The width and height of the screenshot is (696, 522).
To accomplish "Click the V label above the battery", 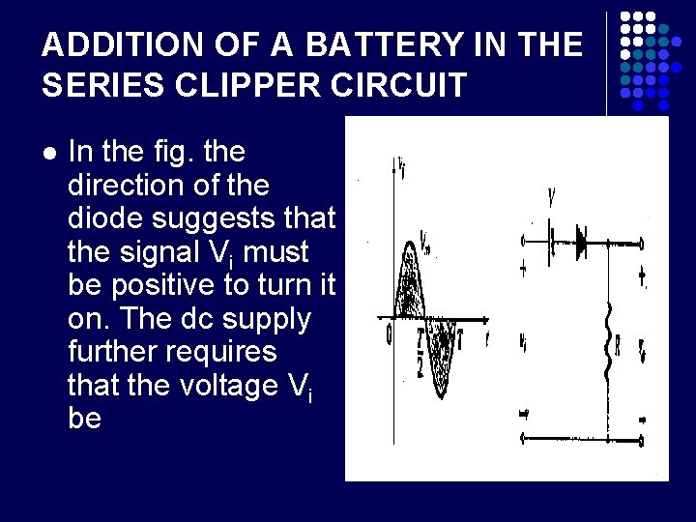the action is pyautogui.click(x=551, y=199).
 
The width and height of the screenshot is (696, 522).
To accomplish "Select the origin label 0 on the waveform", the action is pyautogui.click(x=389, y=333).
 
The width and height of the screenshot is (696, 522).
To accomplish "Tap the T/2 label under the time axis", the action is pyautogui.click(x=420, y=343).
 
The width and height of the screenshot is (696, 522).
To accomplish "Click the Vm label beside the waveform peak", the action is pyautogui.click(x=427, y=238).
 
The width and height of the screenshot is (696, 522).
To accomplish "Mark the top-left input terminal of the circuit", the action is pyautogui.click(x=524, y=241).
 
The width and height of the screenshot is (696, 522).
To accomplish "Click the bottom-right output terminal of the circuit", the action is pyautogui.click(x=642, y=440).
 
